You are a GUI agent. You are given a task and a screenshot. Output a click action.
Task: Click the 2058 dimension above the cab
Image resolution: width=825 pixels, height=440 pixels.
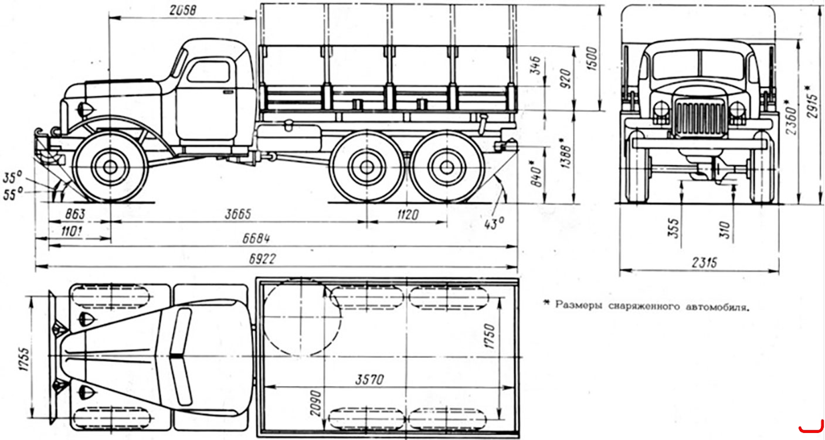(x=183, y=10)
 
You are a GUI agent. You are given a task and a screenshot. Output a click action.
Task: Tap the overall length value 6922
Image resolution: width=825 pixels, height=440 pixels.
(x=262, y=259)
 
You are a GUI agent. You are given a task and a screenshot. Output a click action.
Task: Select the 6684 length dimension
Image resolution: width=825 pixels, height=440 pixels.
(x=256, y=239)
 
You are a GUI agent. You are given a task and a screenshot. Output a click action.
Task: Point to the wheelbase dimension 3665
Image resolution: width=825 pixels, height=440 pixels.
(x=238, y=214)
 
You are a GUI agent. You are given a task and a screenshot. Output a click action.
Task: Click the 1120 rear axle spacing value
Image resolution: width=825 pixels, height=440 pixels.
(x=408, y=215)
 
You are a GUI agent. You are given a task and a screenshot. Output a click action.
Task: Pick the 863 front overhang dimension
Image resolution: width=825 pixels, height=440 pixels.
(x=75, y=214)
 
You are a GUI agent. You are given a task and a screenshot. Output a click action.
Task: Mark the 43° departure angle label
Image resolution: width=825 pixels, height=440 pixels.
(x=494, y=224)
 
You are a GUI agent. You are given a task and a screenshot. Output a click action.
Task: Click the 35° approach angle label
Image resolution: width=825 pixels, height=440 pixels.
(x=12, y=177)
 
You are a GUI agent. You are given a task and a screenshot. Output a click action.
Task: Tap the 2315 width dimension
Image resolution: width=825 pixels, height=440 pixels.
(x=704, y=263)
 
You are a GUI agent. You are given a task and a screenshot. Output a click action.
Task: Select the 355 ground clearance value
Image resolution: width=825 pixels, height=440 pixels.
(x=673, y=228)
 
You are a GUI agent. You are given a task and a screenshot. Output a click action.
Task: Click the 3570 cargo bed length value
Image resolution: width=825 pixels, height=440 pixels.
(x=369, y=380)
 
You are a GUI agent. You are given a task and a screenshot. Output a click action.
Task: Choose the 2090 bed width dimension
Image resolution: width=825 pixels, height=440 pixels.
(x=316, y=404)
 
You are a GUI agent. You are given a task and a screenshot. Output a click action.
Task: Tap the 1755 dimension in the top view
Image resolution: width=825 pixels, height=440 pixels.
(x=23, y=359)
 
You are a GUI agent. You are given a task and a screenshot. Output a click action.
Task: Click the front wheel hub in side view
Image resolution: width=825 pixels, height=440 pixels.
(x=110, y=167)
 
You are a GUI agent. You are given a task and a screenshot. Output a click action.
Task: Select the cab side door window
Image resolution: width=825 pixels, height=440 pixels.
(x=209, y=72)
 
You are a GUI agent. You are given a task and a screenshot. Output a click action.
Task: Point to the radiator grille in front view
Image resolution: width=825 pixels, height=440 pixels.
(x=699, y=117)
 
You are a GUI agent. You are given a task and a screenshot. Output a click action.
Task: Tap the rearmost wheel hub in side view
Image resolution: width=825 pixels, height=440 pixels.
(x=446, y=168)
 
